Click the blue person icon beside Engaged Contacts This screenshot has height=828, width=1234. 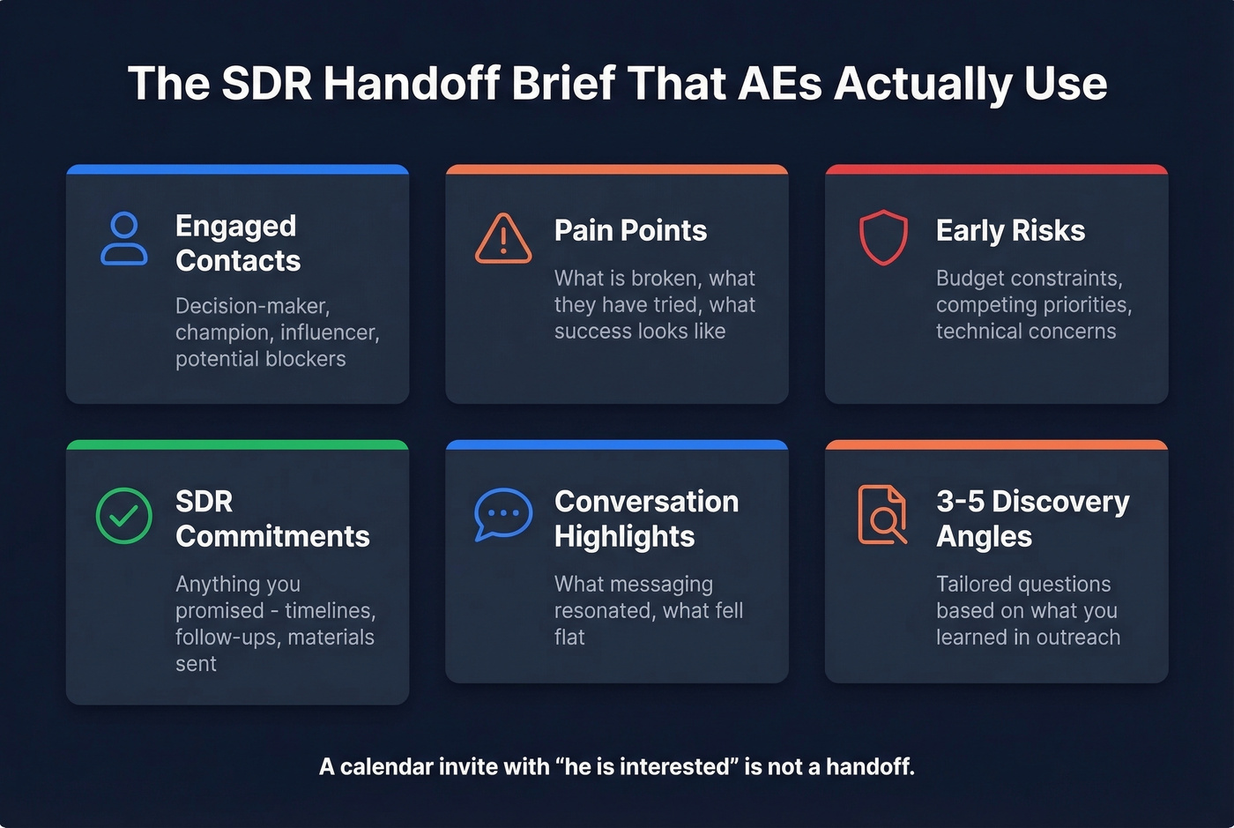pos(124,238)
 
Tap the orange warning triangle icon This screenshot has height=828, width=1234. pos(503,239)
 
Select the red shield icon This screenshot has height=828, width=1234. pos(883,237)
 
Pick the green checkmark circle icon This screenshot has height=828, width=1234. pos(124,515)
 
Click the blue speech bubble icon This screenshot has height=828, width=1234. pos(503,514)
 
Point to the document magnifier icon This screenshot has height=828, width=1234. pos(882,515)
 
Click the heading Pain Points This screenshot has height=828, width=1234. pos(630,230)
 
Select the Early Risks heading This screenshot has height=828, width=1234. pos(1010,230)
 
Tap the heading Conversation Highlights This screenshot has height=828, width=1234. pos(646,518)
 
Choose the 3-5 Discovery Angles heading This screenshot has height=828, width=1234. pos(1032,518)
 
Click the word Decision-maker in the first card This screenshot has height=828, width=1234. pos(252,306)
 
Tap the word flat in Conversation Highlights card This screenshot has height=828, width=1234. pos(569,638)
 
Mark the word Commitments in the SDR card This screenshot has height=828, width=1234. pos(272,536)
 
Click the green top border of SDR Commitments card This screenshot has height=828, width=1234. pos(237,444)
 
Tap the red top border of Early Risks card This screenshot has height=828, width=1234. pos(996,169)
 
